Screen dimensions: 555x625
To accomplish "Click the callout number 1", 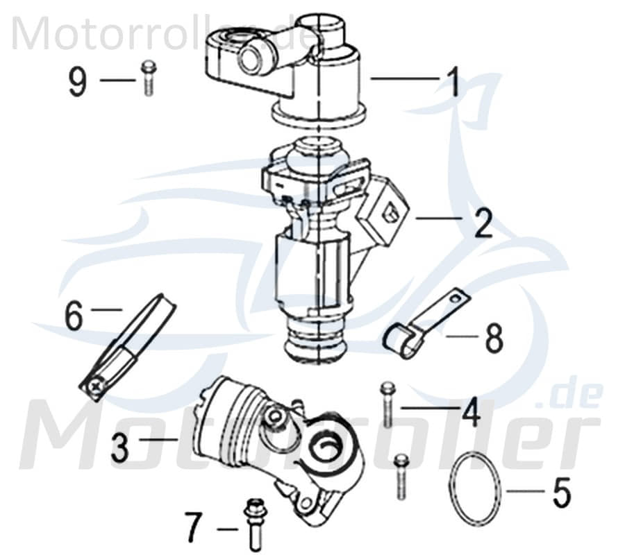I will point(453,83).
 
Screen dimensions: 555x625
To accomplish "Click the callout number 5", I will point(560,491).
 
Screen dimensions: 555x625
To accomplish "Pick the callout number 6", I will point(74,316).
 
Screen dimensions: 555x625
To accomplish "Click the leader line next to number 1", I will point(405,80).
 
